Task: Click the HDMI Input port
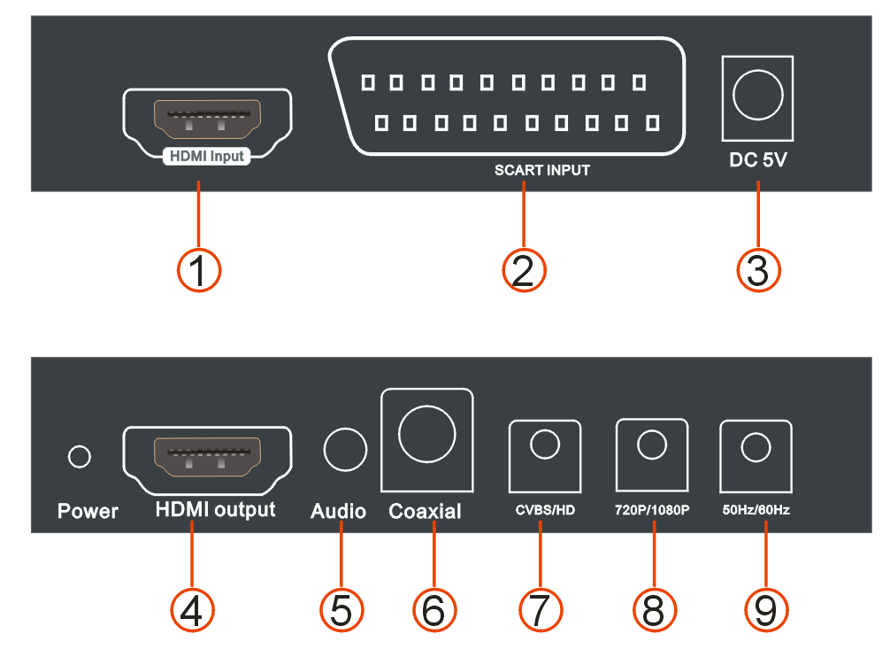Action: click(207, 120)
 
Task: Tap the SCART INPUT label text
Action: click(541, 170)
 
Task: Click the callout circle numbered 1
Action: click(198, 270)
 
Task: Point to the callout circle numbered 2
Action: click(524, 270)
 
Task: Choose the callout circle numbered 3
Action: click(759, 270)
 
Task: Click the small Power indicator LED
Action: click(80, 457)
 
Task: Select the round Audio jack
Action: click(345, 450)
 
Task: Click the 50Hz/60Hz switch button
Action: click(756, 448)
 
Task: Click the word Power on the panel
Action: click(88, 512)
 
